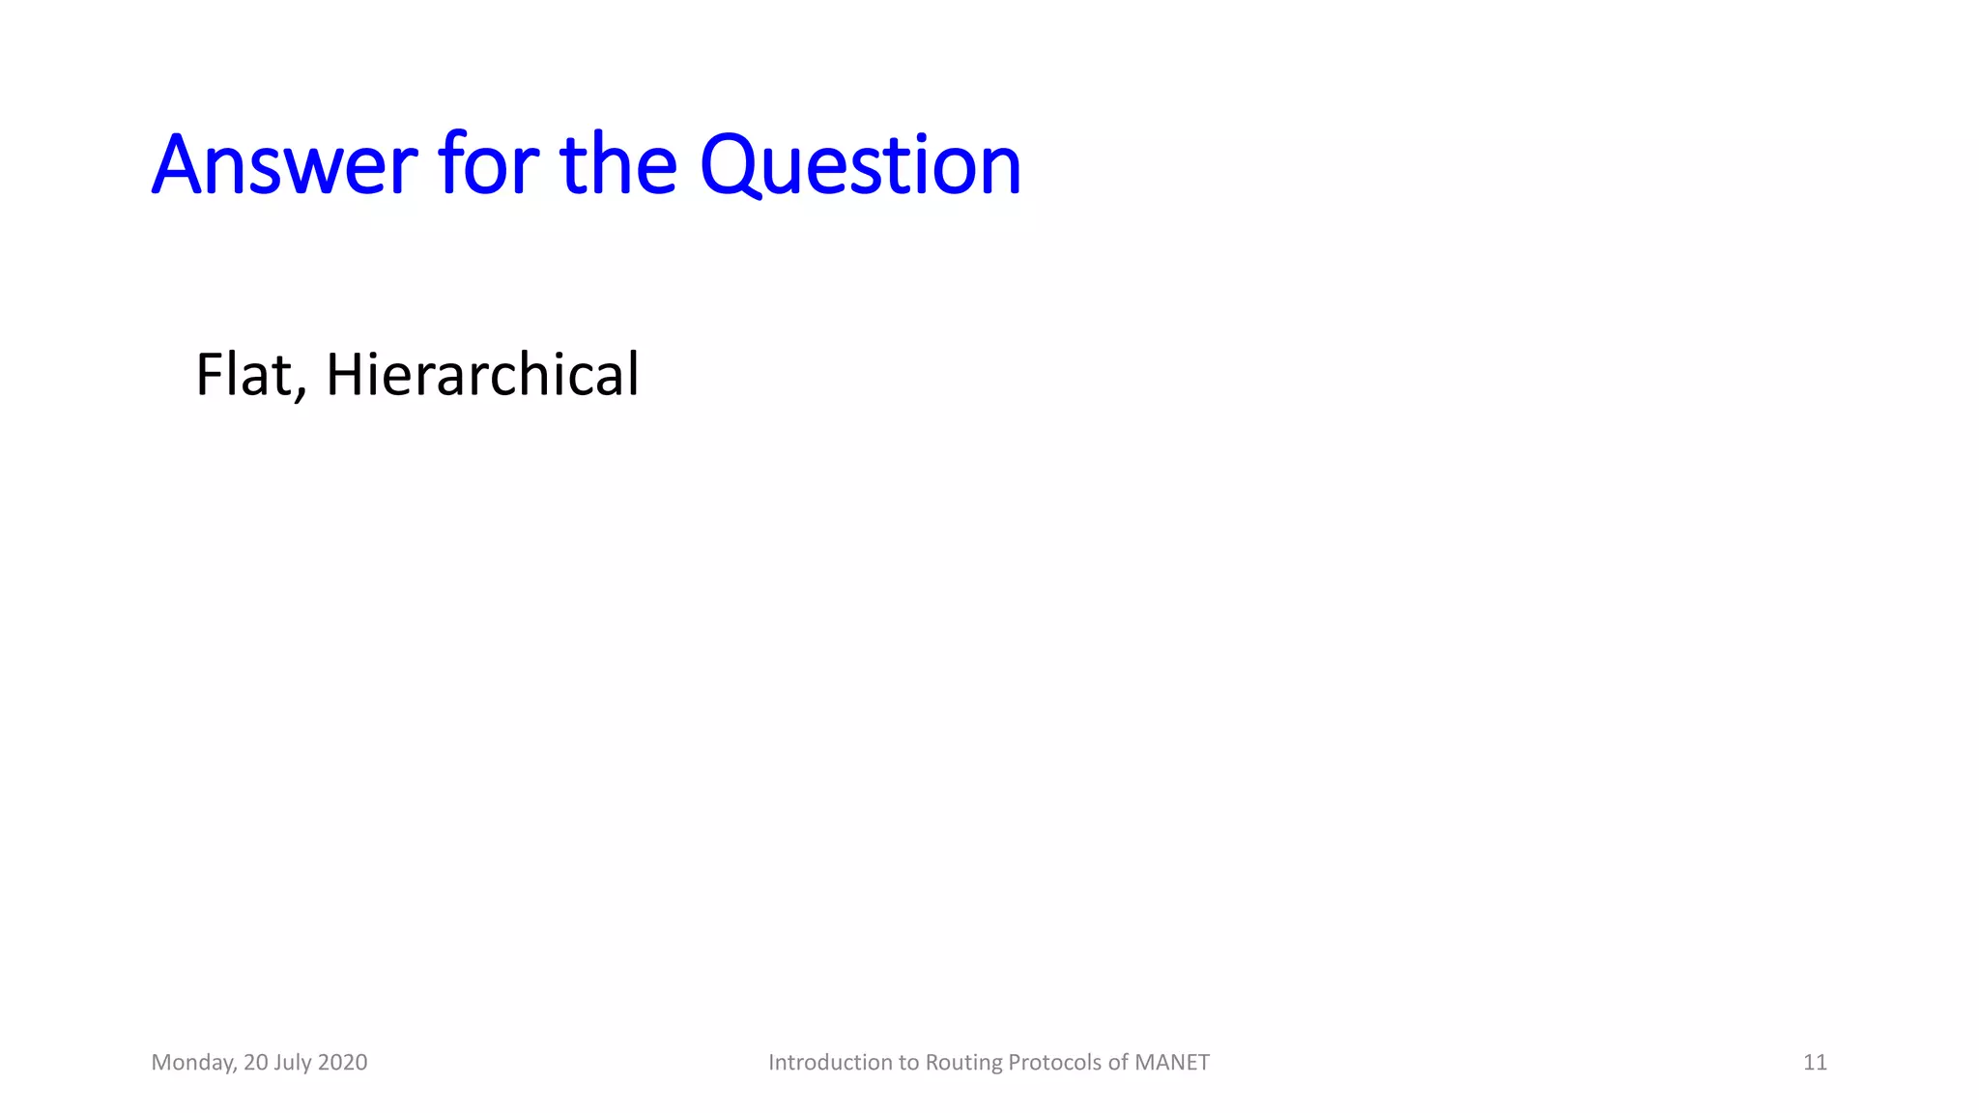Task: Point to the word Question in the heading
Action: (860, 166)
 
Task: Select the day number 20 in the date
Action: (256, 1063)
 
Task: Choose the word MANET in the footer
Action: (1172, 1063)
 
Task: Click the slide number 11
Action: (1815, 1063)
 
